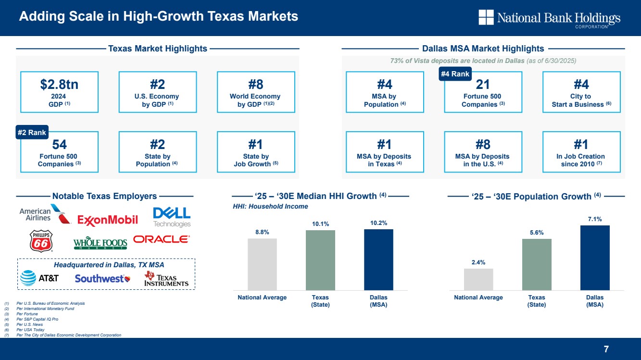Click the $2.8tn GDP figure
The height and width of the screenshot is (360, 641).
pyautogui.click(x=59, y=85)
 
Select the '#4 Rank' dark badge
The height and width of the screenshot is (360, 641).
pyautogui.click(x=455, y=74)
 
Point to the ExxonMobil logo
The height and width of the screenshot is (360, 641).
pyautogui.click(x=108, y=220)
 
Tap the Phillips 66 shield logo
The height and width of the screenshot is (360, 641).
pyautogui.click(x=41, y=241)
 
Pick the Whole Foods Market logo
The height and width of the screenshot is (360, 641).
pyautogui.click(x=100, y=244)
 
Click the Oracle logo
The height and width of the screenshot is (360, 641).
pyautogui.click(x=162, y=239)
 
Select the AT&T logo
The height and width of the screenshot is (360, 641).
pyautogui.click(x=39, y=278)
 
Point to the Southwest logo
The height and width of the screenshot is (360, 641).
pyautogui.click(x=102, y=278)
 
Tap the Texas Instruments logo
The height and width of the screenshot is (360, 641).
pyautogui.click(x=166, y=278)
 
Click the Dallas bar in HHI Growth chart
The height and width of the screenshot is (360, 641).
pyautogui.click(x=378, y=260)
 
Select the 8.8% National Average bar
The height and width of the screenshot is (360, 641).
pyautogui.click(x=262, y=264)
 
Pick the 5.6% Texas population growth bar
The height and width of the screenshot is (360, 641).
pyautogui.click(x=537, y=264)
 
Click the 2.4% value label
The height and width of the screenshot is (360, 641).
pyautogui.click(x=478, y=262)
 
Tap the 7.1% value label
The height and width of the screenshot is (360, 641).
pyautogui.click(x=595, y=219)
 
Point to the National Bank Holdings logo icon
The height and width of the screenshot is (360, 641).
pyautogui.click(x=486, y=17)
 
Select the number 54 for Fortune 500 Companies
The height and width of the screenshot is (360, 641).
pyautogui.click(x=59, y=145)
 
